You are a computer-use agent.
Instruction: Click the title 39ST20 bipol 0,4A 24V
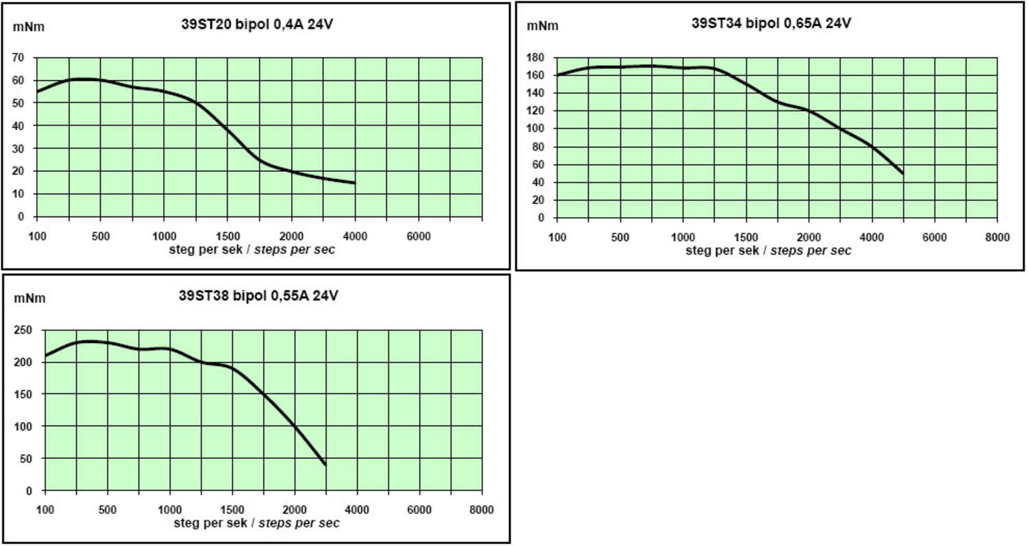[x=257, y=24]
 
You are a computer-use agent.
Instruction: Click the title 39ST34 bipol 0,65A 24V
[x=771, y=23]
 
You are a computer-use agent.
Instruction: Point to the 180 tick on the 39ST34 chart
[x=536, y=57]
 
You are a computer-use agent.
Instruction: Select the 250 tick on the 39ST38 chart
[x=23, y=330]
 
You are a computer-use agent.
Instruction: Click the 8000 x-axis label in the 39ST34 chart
[x=997, y=236]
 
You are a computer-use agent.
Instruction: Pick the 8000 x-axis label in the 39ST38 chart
[x=482, y=510]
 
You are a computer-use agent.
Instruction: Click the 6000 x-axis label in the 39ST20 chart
[x=419, y=236]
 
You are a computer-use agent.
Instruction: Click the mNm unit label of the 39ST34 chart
[x=542, y=26]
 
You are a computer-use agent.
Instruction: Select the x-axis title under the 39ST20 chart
[x=252, y=249]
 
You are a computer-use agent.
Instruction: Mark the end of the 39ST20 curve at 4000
[x=354, y=183]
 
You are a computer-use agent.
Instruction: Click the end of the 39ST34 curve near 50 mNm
[x=903, y=173]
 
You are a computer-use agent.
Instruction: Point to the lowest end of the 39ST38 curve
[x=325, y=464]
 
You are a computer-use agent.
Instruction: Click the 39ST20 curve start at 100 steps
[x=38, y=92]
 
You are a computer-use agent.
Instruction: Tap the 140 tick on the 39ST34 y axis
[x=536, y=92]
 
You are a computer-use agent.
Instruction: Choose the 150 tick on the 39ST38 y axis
[x=23, y=394]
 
